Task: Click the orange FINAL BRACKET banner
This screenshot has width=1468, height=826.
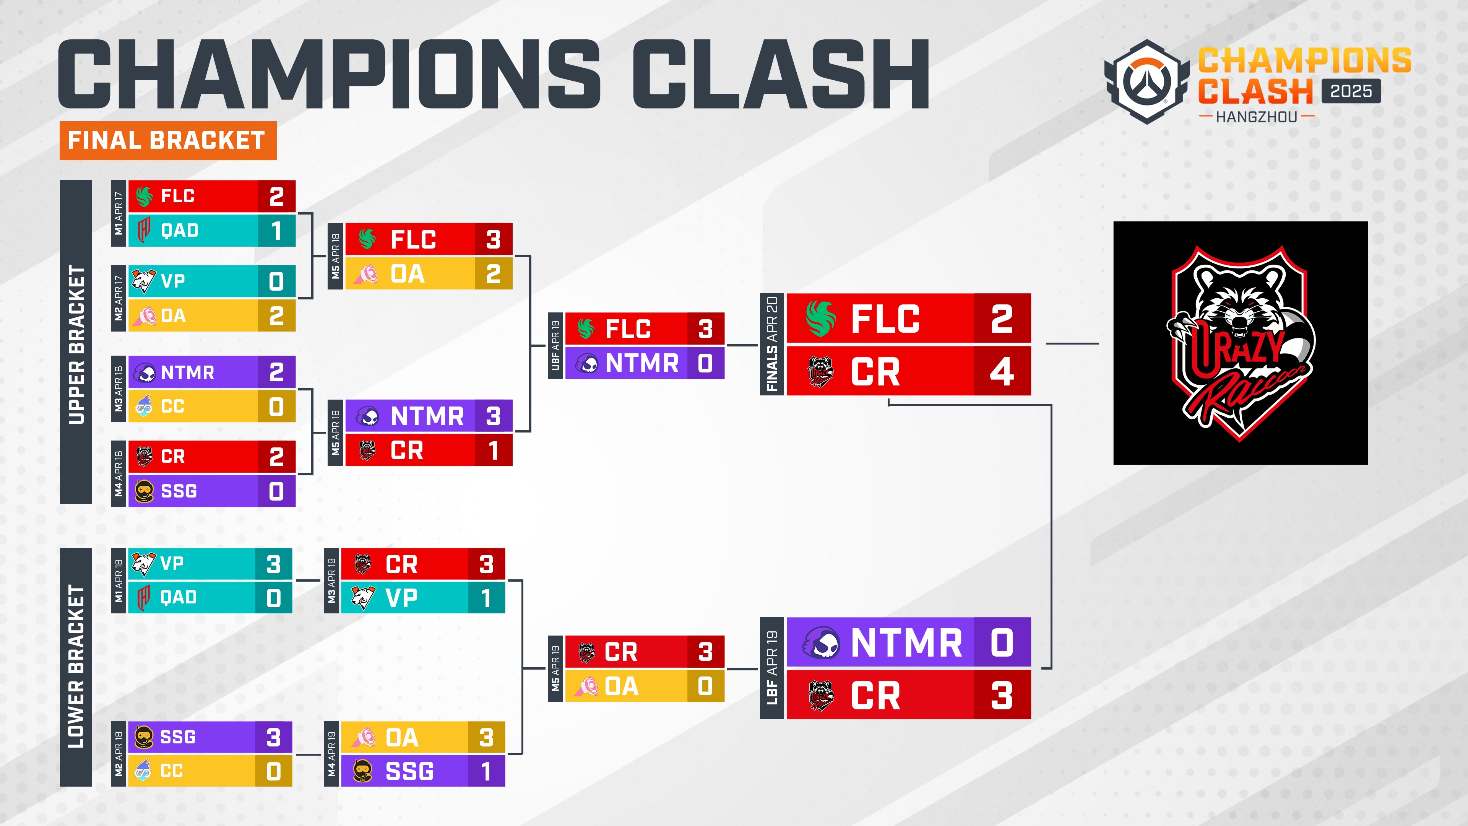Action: tap(168, 140)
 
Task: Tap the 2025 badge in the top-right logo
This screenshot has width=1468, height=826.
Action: tap(1351, 91)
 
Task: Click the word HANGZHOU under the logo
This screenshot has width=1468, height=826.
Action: tap(1257, 117)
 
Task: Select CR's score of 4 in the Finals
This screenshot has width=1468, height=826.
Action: tap(1002, 372)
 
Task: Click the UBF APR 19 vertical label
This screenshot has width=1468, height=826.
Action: tap(555, 345)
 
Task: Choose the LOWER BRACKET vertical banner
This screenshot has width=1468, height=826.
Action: tap(76, 667)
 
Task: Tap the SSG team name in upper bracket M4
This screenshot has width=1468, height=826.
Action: tap(179, 491)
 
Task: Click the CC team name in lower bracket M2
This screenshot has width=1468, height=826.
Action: tap(172, 771)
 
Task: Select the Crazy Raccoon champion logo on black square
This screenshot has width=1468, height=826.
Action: tap(1241, 343)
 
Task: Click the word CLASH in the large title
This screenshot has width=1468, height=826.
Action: tap(781, 74)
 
